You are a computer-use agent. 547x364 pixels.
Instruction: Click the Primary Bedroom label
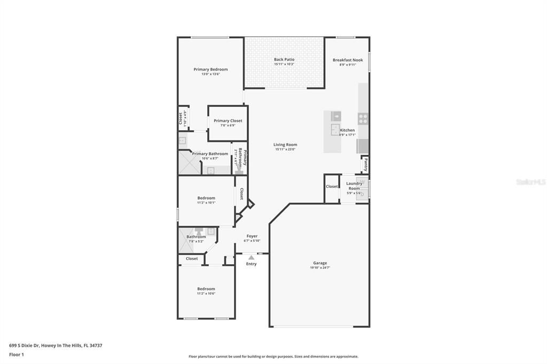point(210,69)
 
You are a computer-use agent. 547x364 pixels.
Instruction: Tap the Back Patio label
point(284,60)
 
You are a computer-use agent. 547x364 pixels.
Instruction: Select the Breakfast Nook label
point(347,60)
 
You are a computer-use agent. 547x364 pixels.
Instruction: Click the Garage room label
point(320,263)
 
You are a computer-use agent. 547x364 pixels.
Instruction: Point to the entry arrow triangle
point(251,258)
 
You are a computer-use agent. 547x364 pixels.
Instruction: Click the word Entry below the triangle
point(251,264)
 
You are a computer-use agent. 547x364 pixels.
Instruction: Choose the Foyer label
point(252,236)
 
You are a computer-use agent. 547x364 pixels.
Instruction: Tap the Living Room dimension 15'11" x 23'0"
point(285,149)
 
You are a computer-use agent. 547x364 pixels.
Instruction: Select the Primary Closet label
point(228,121)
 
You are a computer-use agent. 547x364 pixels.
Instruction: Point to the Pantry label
point(365,165)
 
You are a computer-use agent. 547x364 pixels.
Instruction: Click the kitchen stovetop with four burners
point(363,118)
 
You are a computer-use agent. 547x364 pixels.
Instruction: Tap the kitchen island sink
point(335,130)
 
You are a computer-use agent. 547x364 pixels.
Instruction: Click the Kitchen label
point(347,130)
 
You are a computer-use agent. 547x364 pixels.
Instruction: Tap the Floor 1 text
point(17,354)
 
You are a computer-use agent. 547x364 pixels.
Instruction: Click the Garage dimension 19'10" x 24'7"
point(320,267)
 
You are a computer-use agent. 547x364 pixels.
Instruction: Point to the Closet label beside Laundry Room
point(332,186)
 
